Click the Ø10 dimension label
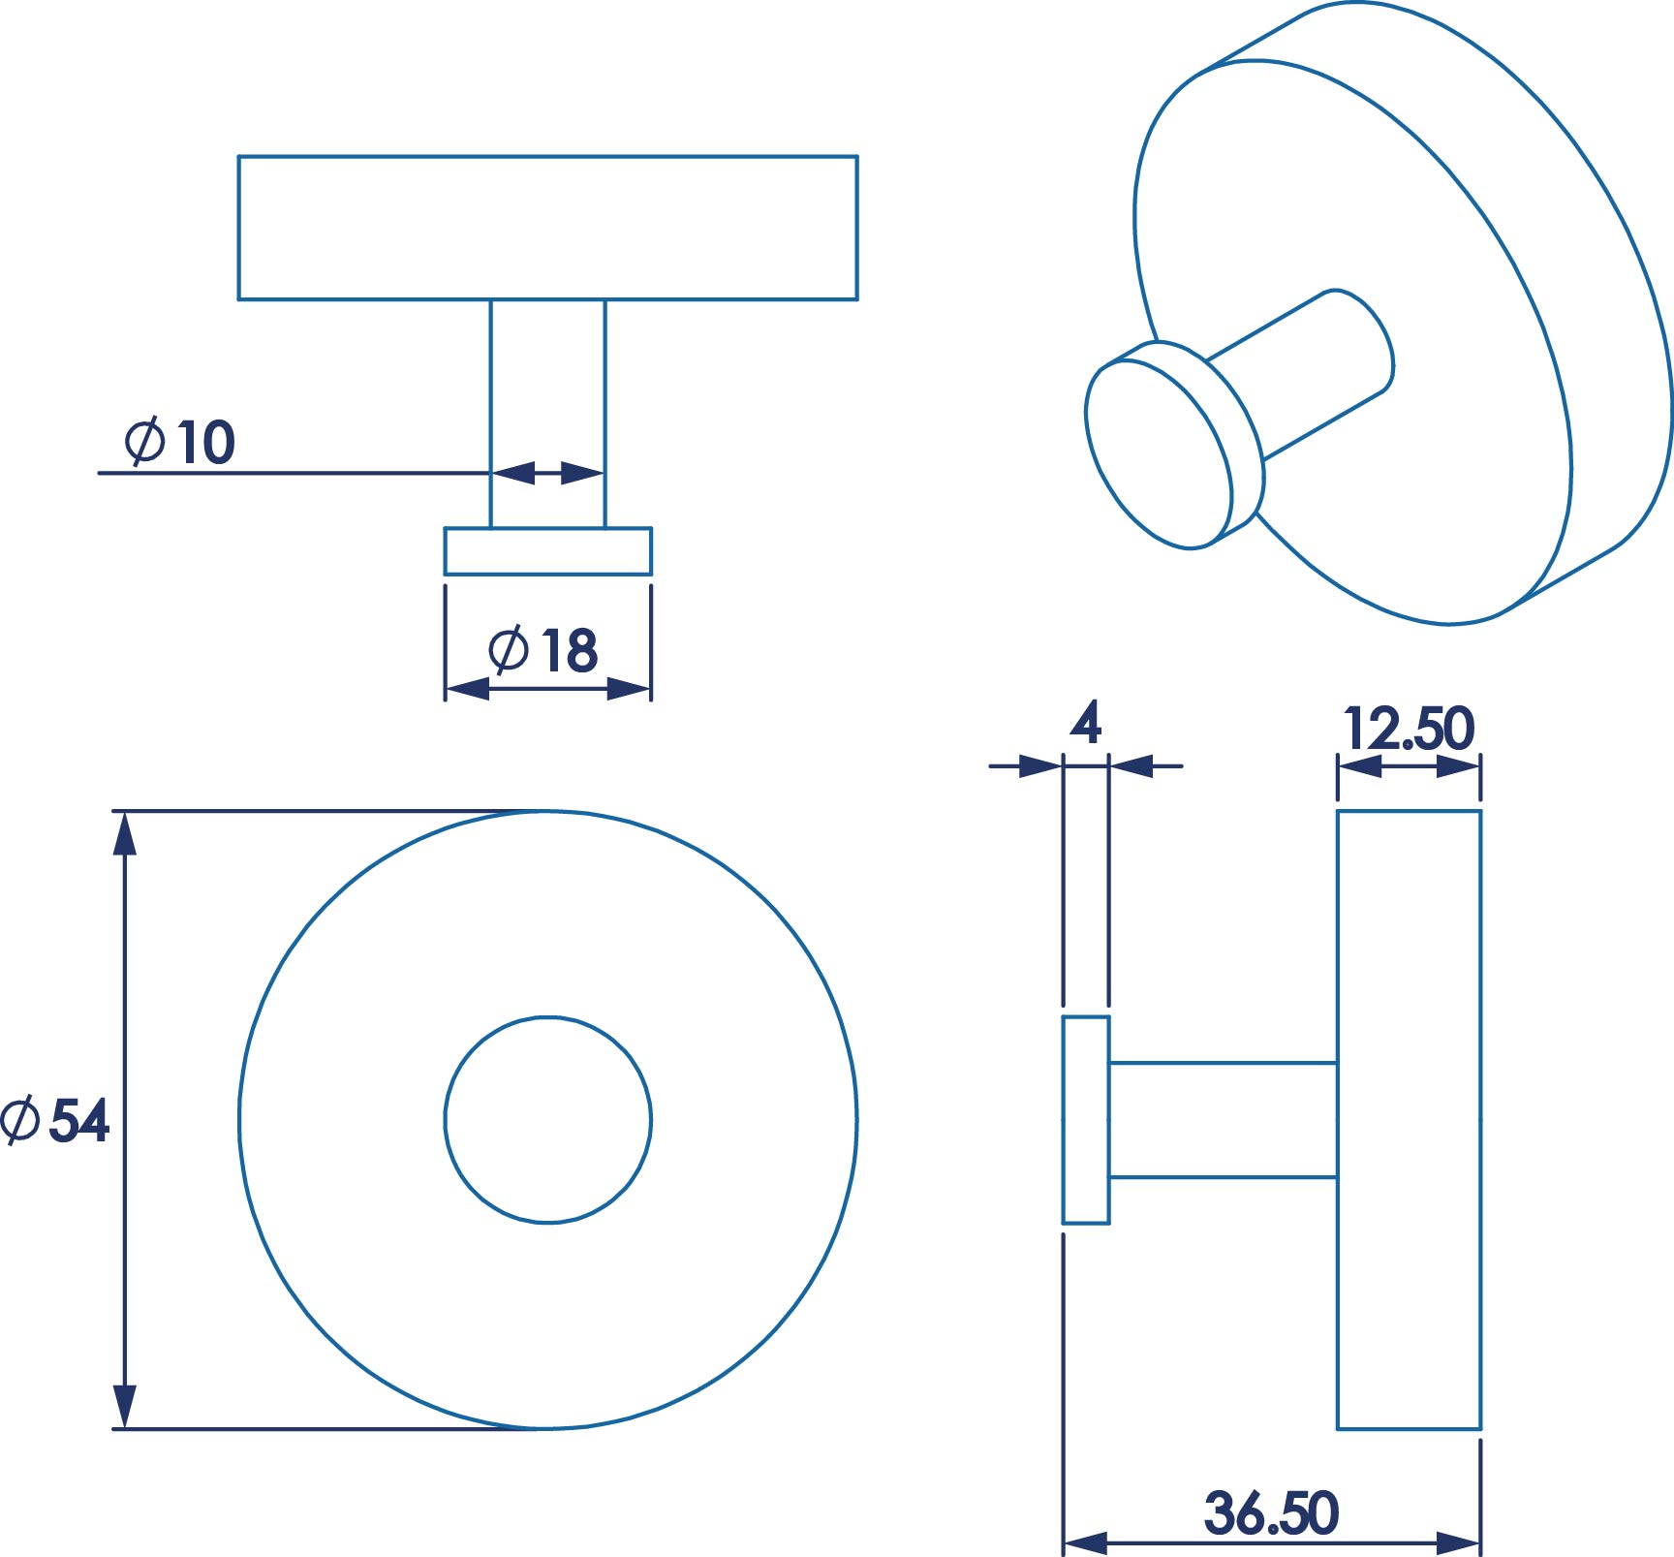[x=180, y=442]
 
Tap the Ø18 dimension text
[x=542, y=649]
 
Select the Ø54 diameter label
[x=54, y=1120]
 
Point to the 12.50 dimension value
[x=1409, y=729]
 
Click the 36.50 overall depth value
[x=1271, y=1513]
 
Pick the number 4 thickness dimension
[x=1086, y=723]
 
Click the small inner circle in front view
[x=548, y=1120]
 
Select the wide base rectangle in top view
[x=548, y=228]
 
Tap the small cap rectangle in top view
[x=548, y=551]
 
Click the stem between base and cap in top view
[x=548, y=414]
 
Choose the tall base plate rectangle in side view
[x=1410, y=1120]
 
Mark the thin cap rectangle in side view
[x=1086, y=1120]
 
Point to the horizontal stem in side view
[x=1224, y=1120]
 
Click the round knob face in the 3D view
[x=1159, y=454]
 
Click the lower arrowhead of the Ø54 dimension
[x=124, y=1407]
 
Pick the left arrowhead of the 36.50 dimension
[x=1086, y=1542]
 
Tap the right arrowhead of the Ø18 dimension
[x=629, y=689]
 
